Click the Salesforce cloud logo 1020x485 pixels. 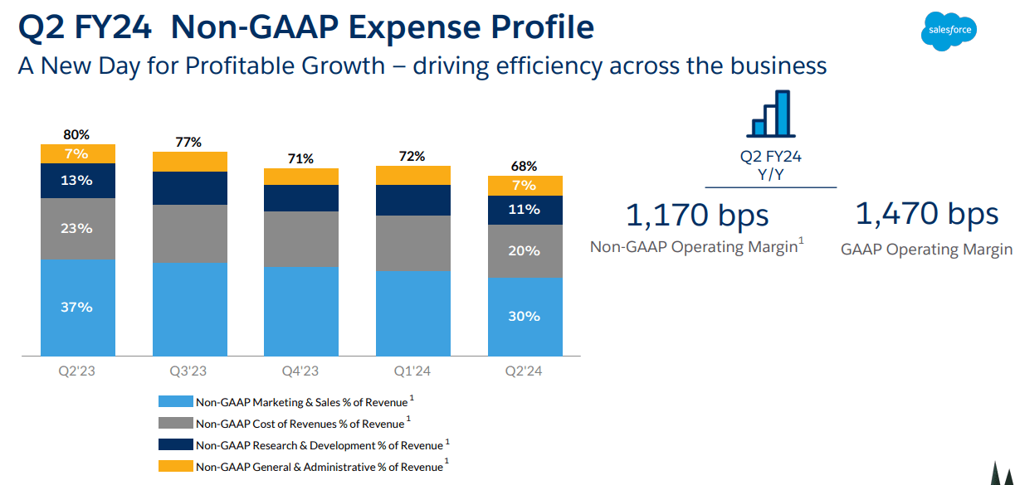coord(949,32)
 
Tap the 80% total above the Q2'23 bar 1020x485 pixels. coord(76,134)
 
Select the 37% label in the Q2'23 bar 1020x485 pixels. coord(76,308)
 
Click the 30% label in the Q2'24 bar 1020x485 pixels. coord(525,316)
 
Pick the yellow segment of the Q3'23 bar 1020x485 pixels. coord(189,162)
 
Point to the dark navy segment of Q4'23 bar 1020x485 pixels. coord(301,198)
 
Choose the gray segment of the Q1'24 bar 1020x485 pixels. coord(413,244)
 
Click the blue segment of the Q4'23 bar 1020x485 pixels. coord(301,311)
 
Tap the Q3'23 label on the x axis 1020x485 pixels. coord(189,371)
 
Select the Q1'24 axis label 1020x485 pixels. coord(413,371)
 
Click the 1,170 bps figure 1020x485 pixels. coord(697,215)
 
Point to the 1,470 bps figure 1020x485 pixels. coord(926,214)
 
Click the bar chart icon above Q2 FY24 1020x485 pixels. coord(771,114)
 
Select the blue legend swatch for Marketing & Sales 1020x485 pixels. coord(176,402)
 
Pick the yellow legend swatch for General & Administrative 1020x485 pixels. coord(176,466)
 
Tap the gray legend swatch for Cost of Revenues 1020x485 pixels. coord(176,424)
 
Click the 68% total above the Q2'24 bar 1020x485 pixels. coord(525,166)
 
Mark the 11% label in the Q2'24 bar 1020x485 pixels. coord(525,210)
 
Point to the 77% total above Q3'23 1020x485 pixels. coord(189,142)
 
